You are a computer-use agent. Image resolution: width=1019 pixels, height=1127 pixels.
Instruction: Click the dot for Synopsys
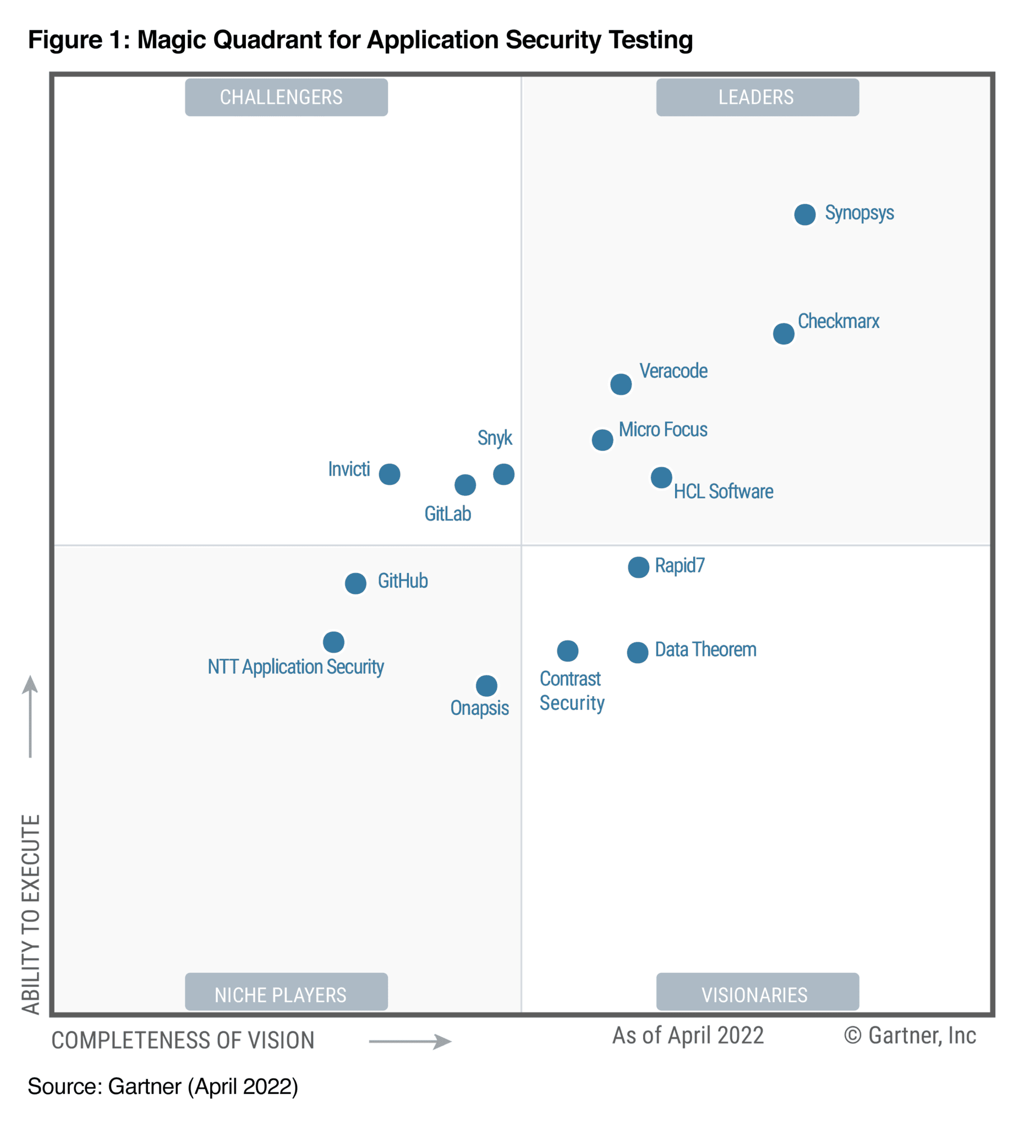pos(804,214)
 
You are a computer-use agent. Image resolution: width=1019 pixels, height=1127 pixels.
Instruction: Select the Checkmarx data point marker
pos(783,333)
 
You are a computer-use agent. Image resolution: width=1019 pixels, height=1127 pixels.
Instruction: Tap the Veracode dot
pos(621,384)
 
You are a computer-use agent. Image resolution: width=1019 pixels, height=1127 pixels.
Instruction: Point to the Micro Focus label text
pos(662,429)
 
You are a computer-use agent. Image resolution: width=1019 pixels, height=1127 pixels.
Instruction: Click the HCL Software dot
pos(661,478)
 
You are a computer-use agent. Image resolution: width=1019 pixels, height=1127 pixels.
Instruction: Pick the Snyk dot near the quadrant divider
pos(503,474)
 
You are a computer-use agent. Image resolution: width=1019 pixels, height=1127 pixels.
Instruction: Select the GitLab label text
pos(447,513)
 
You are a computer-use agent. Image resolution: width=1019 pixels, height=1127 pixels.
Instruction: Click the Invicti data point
pos(389,474)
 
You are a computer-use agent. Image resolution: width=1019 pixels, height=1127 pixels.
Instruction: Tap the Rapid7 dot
pos(638,567)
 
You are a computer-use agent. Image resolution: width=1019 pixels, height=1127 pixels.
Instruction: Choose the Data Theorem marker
pos(637,652)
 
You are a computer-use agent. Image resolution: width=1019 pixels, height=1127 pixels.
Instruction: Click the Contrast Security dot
pos(567,650)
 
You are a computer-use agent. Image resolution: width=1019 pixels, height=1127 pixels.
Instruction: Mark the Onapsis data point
pos(486,685)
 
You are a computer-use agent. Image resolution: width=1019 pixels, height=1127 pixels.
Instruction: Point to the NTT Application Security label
pos(295,666)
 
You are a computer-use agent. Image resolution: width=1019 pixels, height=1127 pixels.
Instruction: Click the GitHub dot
pos(355,583)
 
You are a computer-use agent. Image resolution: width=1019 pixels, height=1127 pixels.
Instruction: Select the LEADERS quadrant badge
pos(757,97)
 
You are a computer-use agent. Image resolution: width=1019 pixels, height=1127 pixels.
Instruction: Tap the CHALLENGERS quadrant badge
pos(286,97)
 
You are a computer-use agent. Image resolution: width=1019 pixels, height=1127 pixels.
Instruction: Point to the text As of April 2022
pos(688,1035)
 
